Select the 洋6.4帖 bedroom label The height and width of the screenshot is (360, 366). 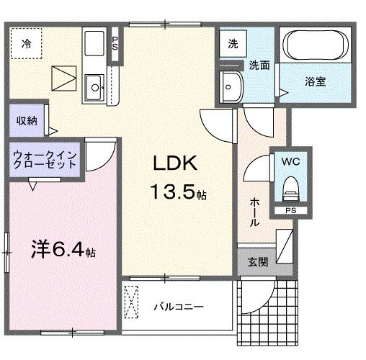(x=63, y=251)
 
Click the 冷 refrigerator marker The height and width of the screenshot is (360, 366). (x=26, y=43)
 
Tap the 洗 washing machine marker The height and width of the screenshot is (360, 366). (x=232, y=43)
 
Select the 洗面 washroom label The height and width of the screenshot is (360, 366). (x=259, y=65)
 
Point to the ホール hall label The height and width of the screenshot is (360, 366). (x=255, y=212)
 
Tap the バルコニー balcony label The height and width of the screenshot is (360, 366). (x=178, y=307)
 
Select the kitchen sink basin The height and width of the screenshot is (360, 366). (x=94, y=89)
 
